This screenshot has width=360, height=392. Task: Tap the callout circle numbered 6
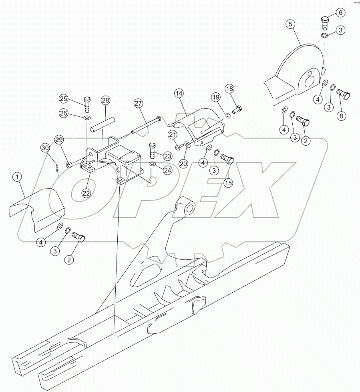(x=340, y=12)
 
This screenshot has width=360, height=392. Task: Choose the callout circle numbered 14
(x=179, y=93)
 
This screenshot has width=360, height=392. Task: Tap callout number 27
(x=139, y=104)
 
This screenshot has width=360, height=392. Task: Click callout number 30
(x=46, y=148)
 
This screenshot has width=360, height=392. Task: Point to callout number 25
(x=64, y=98)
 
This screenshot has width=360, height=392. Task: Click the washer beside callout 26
(x=87, y=118)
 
